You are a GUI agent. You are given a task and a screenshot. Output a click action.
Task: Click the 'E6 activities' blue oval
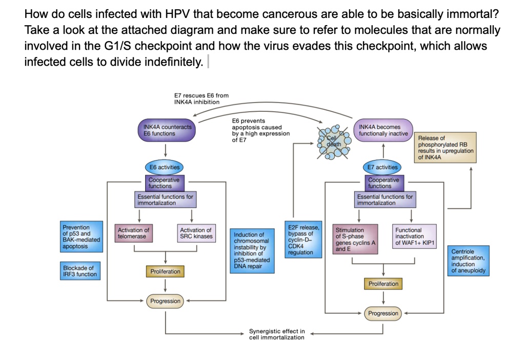tap(164, 167)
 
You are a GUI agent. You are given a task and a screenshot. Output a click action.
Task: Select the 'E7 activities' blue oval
tap(382, 167)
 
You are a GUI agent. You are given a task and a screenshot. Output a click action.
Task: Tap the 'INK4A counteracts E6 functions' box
tap(167, 130)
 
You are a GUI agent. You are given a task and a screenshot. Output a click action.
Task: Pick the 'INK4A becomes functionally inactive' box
tap(383, 130)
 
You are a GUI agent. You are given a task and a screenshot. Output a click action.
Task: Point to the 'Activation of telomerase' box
tap(133, 233)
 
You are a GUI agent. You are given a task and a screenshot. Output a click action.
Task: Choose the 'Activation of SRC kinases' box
tap(196, 233)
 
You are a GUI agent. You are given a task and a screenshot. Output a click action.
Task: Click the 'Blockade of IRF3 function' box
tap(80, 271)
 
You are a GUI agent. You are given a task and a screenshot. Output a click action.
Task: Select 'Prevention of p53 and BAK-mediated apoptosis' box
tap(82, 236)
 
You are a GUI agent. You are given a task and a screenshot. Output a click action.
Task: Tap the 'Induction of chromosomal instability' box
tap(252, 250)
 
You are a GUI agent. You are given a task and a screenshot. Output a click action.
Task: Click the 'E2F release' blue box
tap(304, 239)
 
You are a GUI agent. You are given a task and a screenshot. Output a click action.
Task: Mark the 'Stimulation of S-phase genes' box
tap(355, 239)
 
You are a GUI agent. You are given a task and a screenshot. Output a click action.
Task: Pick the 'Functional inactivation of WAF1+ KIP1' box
tap(414, 236)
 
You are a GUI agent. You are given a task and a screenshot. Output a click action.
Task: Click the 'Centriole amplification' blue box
tap(469, 261)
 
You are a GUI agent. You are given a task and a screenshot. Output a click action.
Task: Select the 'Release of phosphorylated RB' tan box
tap(446, 147)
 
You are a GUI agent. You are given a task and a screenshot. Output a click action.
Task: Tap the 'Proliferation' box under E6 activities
tap(165, 271)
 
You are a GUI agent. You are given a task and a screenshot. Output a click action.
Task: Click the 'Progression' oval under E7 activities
tap(383, 313)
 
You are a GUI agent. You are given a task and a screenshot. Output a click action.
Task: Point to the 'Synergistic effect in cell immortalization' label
tap(277, 334)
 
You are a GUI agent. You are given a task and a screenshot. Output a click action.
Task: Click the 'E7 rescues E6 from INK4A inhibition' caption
tap(201, 98)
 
